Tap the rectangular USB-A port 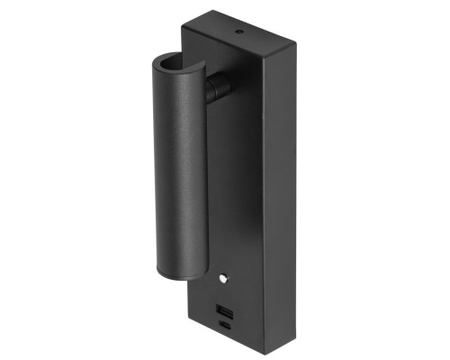click(224, 311)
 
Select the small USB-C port click(225, 327)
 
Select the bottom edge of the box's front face click(225, 334)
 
